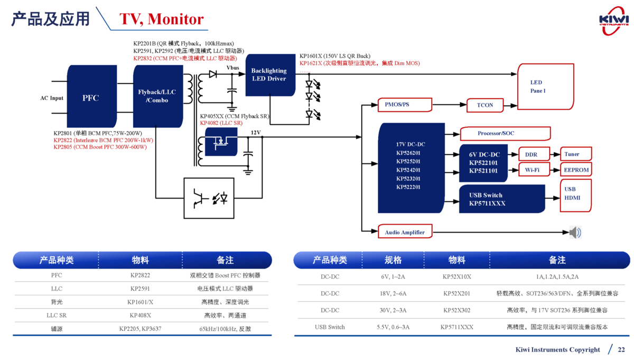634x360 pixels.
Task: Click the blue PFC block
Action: point(91,98)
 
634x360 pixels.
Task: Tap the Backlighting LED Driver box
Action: point(269,75)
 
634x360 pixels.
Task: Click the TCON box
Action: point(484,105)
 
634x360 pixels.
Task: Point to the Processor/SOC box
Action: point(505,133)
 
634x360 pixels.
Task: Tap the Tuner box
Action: point(575,154)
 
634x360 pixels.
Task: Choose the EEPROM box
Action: point(575,170)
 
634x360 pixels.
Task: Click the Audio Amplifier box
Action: point(405,232)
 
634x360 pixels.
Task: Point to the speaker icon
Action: point(575,232)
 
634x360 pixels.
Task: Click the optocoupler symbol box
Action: point(208,198)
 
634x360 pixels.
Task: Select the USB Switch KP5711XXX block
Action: point(501,199)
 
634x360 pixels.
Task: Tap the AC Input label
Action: point(52,98)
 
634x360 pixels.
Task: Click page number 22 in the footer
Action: point(621,349)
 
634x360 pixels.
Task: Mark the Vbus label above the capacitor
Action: point(232,68)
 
